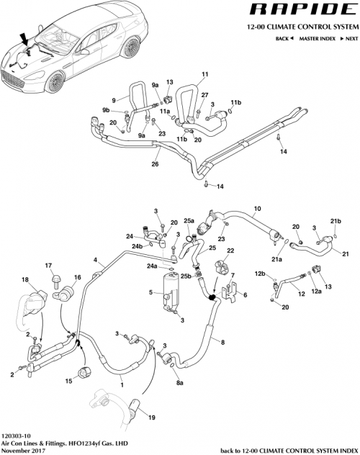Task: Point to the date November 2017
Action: point(23,451)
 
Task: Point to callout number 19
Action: point(150,418)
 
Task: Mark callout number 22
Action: point(231,251)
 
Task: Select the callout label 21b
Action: point(335,220)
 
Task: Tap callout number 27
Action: point(204,95)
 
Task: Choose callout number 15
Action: point(69,381)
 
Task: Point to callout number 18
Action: point(25,279)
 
